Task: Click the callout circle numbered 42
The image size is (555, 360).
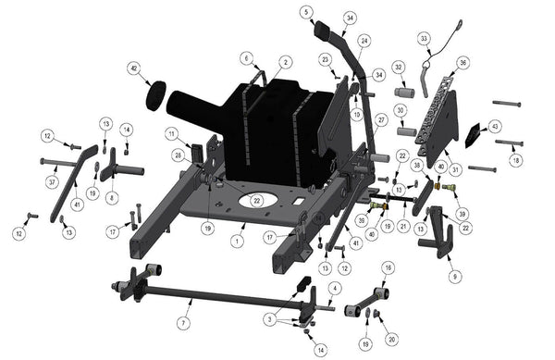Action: point(134,68)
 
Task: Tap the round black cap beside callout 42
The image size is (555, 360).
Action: point(156,96)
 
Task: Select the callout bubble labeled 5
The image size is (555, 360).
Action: point(306,12)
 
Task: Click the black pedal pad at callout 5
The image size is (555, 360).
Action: point(323,29)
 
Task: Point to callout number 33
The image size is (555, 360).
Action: point(424,39)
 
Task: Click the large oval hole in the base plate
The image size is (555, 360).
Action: point(258,200)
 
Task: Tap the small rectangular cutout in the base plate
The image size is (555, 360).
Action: point(299,201)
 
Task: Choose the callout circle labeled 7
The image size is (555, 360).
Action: point(183,323)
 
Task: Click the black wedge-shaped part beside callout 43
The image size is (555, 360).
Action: point(473,135)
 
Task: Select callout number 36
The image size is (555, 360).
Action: point(462,63)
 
